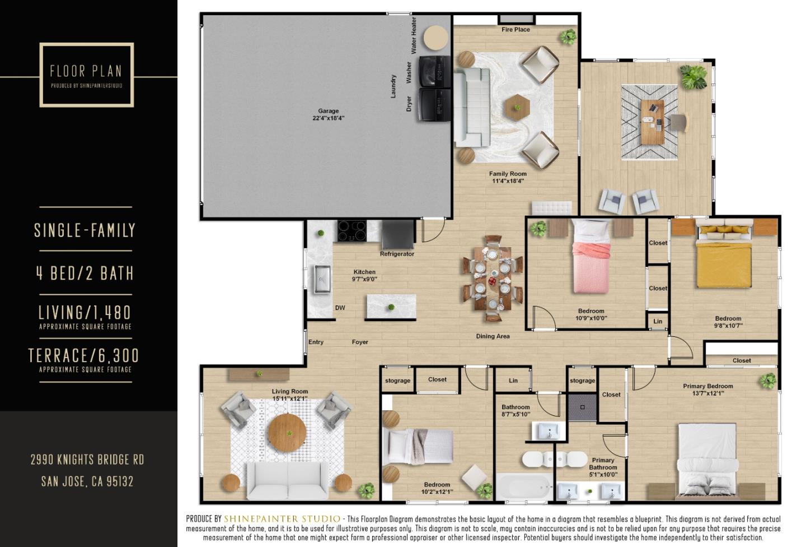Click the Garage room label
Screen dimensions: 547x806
tap(328, 114)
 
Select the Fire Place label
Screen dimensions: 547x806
tap(516, 30)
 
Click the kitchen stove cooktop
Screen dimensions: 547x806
tap(352, 230)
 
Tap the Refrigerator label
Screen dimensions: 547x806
tap(397, 254)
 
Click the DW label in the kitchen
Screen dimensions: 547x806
tap(340, 308)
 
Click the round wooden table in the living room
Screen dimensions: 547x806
tap(287, 433)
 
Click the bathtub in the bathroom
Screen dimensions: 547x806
tap(523, 487)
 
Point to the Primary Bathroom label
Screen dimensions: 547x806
tap(603, 467)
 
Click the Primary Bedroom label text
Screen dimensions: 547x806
tap(707, 389)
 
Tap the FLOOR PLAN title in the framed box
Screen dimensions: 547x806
tap(86, 71)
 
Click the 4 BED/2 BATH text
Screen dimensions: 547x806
tap(85, 273)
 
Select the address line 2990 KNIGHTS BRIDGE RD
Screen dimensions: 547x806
tap(87, 460)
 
